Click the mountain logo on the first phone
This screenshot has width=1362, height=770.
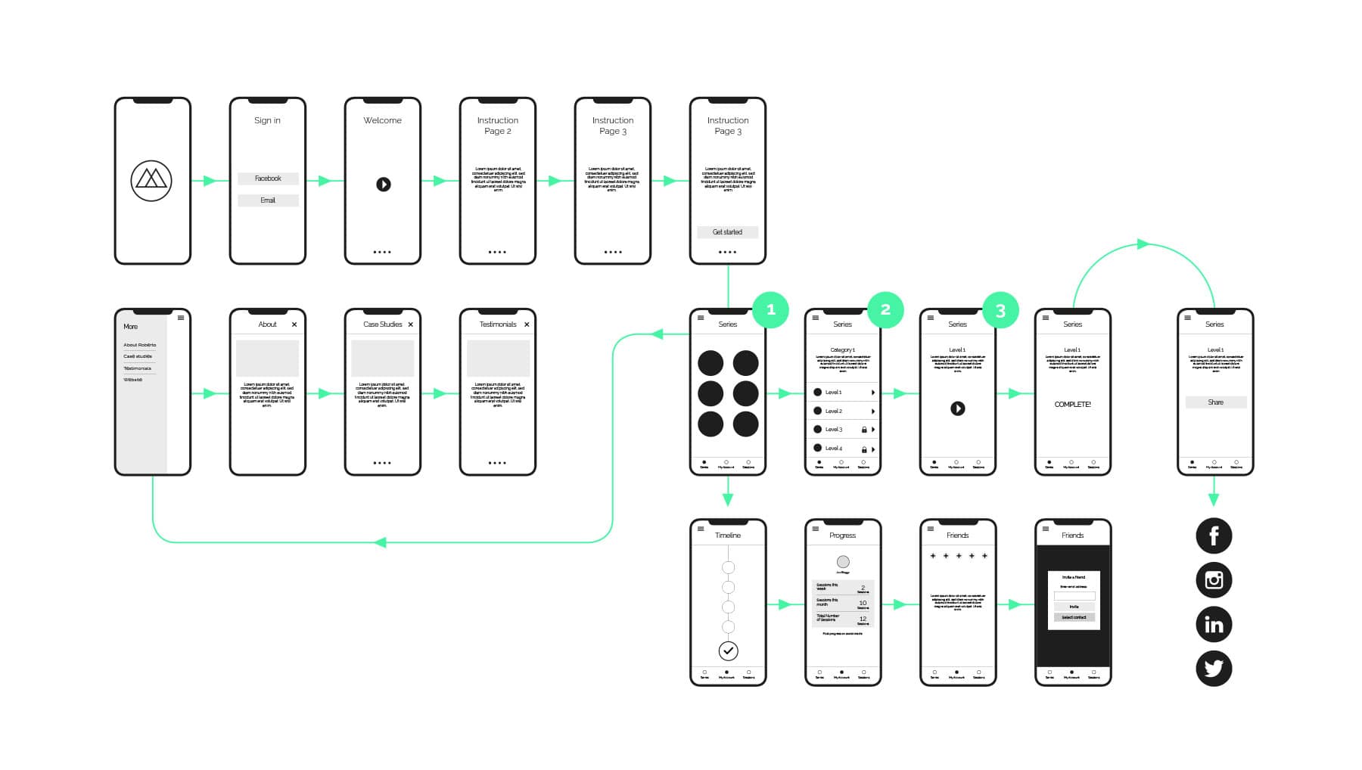[151, 181]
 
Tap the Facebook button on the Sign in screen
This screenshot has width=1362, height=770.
[268, 179]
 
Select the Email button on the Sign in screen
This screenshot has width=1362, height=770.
[268, 200]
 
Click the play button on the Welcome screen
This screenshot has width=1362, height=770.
[384, 184]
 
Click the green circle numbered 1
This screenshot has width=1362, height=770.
[770, 309]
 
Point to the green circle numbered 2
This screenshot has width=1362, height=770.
[885, 309]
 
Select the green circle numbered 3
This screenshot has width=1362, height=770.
[1000, 310]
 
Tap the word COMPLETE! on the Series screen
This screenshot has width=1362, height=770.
[1072, 405]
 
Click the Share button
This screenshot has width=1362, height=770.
[1215, 402]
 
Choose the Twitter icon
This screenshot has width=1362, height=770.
[1214, 669]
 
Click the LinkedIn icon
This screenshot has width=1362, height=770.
[1214, 625]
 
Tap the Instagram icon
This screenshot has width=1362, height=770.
[1214, 580]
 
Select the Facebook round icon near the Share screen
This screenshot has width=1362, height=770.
[1214, 536]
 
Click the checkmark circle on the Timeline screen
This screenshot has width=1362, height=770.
[728, 650]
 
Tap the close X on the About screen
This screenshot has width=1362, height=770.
[294, 324]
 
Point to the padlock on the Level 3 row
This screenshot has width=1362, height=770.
[864, 430]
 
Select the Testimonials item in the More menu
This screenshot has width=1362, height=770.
[138, 368]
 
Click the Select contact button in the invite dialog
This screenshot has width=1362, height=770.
[1074, 617]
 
